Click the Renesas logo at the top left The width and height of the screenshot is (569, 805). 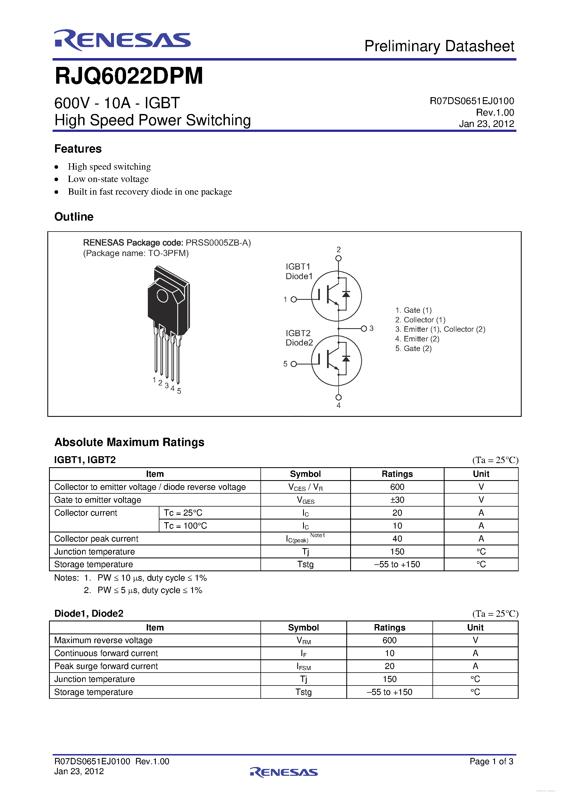(x=122, y=40)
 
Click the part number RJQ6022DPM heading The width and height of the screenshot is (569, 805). (x=129, y=76)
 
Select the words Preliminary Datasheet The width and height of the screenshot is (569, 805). (x=439, y=46)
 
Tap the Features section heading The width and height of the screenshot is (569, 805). (x=78, y=149)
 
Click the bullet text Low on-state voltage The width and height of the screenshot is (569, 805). (x=108, y=179)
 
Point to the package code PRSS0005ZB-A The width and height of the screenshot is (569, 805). (x=217, y=243)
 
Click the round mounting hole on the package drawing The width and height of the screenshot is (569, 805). (x=162, y=296)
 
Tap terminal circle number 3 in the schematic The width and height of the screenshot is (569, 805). (x=364, y=328)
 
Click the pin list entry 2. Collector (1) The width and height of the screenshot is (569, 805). (x=420, y=320)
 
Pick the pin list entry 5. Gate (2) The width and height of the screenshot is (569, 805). (x=413, y=349)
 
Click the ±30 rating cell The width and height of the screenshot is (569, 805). (x=397, y=500)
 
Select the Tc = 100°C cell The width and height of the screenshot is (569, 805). (x=186, y=526)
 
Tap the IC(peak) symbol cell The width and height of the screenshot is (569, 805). (x=305, y=539)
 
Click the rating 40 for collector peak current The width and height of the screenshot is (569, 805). (x=397, y=539)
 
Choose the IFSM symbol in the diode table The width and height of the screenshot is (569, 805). (x=304, y=666)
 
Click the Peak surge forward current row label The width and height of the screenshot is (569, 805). (x=106, y=666)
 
